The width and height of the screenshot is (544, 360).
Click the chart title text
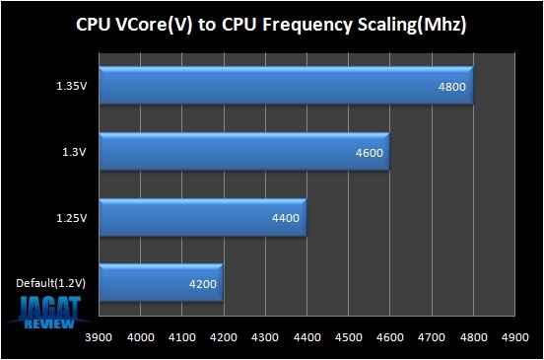[x=271, y=24]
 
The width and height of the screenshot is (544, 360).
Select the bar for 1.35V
[x=286, y=86]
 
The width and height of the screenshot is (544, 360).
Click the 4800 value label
[x=452, y=87]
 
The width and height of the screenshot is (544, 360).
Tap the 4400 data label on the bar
[x=286, y=219]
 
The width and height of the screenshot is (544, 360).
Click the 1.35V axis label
[x=72, y=86]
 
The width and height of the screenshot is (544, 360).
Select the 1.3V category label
[x=75, y=152]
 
